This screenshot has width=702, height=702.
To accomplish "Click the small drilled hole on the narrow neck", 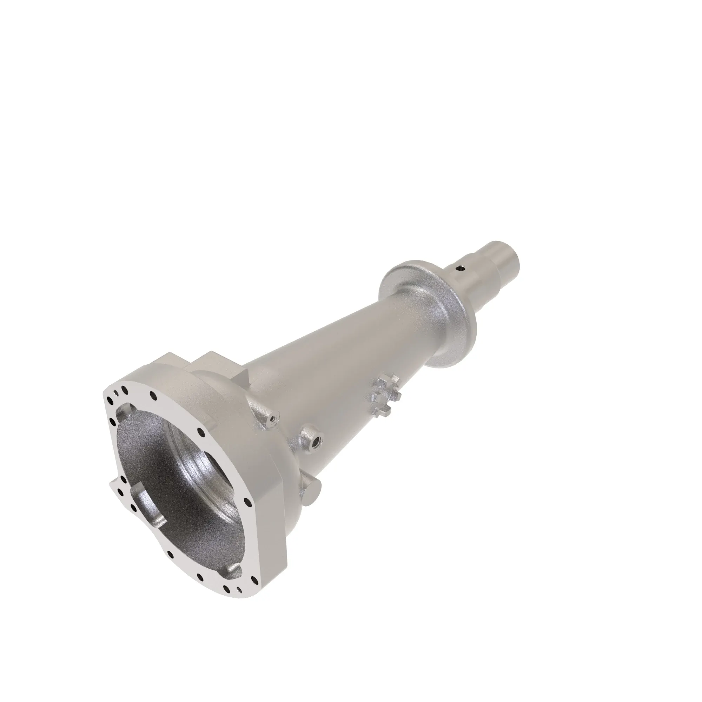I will pyautogui.click(x=461, y=269).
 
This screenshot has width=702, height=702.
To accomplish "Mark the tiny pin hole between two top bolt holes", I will pyautogui.click(x=115, y=392).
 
